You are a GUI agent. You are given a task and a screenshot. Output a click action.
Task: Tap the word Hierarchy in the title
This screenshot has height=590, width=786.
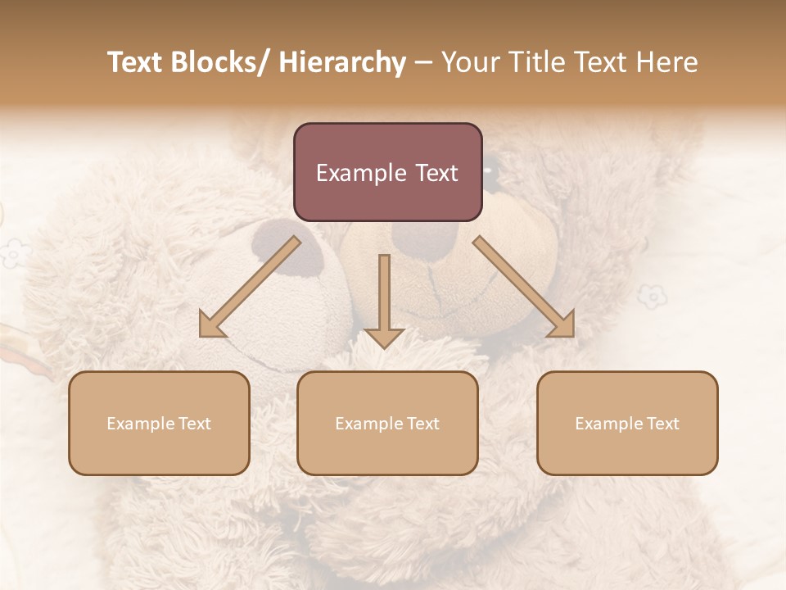point(342,62)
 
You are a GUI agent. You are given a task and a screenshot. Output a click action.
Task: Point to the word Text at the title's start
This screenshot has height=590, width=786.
point(135,62)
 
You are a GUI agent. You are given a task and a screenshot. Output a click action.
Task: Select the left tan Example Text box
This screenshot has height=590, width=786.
point(159,423)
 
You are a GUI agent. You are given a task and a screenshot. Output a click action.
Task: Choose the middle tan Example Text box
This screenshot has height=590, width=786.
point(387,423)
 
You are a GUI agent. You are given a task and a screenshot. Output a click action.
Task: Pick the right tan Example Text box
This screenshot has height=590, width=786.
point(627,423)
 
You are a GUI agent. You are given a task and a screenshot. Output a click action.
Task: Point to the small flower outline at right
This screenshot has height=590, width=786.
point(652,294)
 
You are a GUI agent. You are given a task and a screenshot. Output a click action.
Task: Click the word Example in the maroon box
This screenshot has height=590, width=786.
point(361,173)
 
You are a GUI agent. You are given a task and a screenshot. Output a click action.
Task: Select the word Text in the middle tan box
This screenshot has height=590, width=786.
point(422,424)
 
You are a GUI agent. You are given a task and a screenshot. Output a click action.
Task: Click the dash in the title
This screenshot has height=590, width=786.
point(423,62)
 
